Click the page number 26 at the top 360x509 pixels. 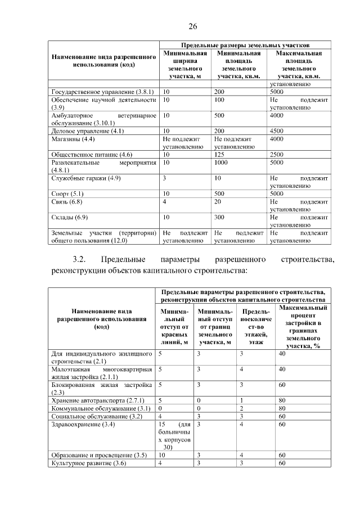point(192,27)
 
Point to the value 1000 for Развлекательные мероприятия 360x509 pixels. point(222,162)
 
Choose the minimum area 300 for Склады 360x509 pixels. point(219,217)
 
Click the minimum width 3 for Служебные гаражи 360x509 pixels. point(164,178)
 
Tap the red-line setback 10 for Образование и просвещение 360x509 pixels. point(162,454)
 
